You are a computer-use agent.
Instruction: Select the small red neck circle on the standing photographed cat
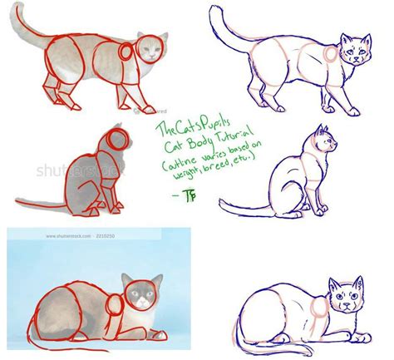[126, 52]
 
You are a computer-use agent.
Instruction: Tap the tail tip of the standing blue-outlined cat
[218, 10]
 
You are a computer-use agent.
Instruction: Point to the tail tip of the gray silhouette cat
[18, 202]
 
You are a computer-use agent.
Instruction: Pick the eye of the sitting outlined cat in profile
[328, 141]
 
